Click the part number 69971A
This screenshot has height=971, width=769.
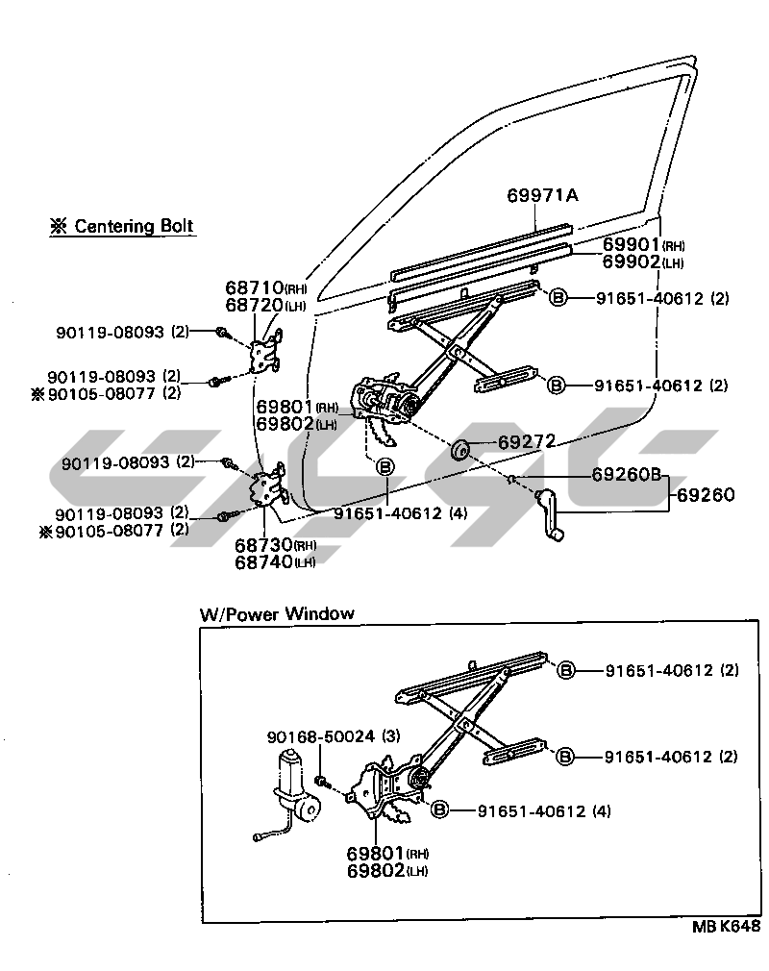click(x=542, y=196)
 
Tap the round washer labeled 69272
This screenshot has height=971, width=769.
click(x=460, y=448)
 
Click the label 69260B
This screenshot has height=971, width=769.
click(x=626, y=474)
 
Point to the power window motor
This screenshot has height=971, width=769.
click(x=295, y=788)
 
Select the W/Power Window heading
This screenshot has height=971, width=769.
click(x=277, y=613)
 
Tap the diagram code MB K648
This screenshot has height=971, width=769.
click(x=726, y=928)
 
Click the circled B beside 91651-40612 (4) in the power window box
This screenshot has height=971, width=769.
click(x=440, y=810)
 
